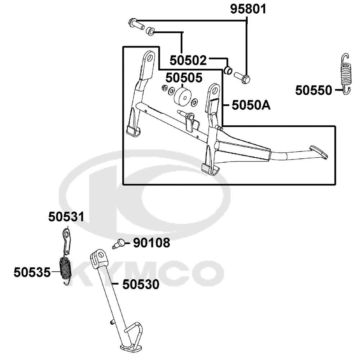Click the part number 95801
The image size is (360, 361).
(248, 9)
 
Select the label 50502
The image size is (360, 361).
(188, 60)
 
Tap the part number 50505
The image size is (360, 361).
(184, 78)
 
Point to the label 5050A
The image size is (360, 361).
(251, 105)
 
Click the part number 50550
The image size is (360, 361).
(314, 90)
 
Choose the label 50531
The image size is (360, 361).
(66, 217)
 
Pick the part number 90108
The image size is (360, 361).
(152, 243)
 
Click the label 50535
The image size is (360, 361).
(32, 272)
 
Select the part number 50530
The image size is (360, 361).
(141, 284)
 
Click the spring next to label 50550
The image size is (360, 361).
(346, 74)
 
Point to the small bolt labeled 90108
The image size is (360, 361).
(119, 244)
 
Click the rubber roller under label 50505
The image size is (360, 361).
(183, 97)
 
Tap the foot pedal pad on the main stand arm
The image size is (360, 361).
(319, 152)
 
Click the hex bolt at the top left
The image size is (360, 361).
(136, 24)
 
